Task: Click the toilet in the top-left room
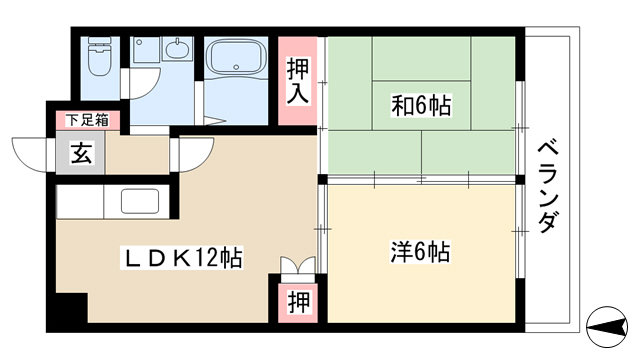point(100,56)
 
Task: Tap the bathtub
point(236,56)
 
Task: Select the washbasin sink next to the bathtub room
point(178,49)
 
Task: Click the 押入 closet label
point(298,80)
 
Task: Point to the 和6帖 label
point(421,106)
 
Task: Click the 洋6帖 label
point(420,252)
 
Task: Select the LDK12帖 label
point(182,258)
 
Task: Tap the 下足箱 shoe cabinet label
point(87,120)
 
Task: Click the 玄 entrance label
point(82,153)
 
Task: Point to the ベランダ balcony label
point(547,187)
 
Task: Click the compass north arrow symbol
point(607,327)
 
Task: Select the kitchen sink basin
point(140,201)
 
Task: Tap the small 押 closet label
point(299,302)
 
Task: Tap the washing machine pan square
point(146,50)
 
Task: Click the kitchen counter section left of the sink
point(80,202)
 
